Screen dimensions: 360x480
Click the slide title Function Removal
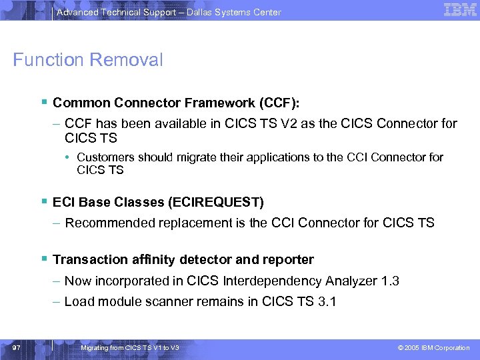(88, 60)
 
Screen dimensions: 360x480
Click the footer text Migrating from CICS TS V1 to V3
(129, 348)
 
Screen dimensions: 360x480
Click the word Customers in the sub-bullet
(105, 157)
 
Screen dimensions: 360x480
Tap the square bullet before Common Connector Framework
(43, 103)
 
